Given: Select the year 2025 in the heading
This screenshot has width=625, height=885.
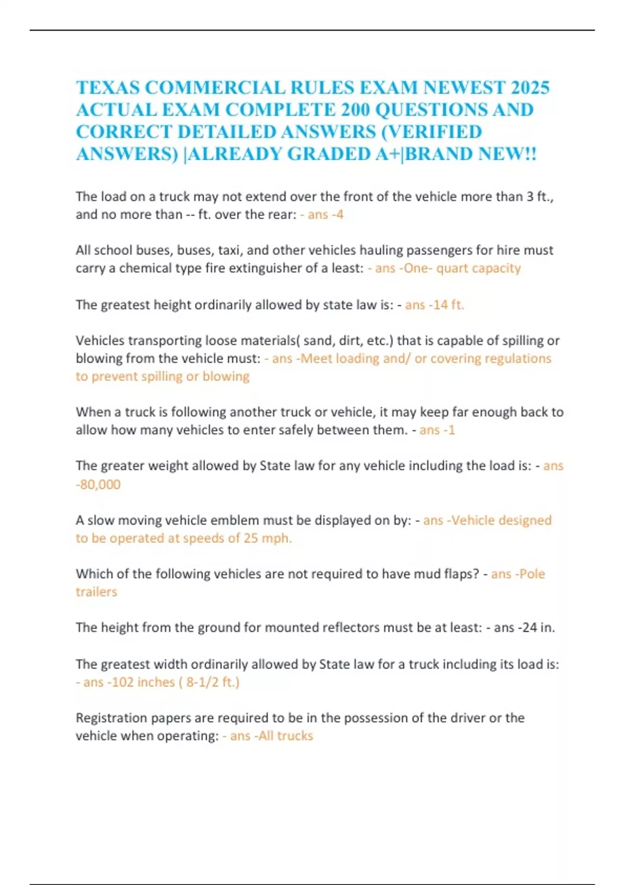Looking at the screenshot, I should click(530, 87).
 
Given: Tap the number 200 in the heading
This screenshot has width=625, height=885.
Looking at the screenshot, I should click(355, 110).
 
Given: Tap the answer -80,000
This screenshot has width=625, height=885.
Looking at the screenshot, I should click(98, 484).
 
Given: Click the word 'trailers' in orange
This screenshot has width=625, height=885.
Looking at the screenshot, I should click(96, 592).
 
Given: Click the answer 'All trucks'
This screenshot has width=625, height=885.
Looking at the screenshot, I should click(286, 736).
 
